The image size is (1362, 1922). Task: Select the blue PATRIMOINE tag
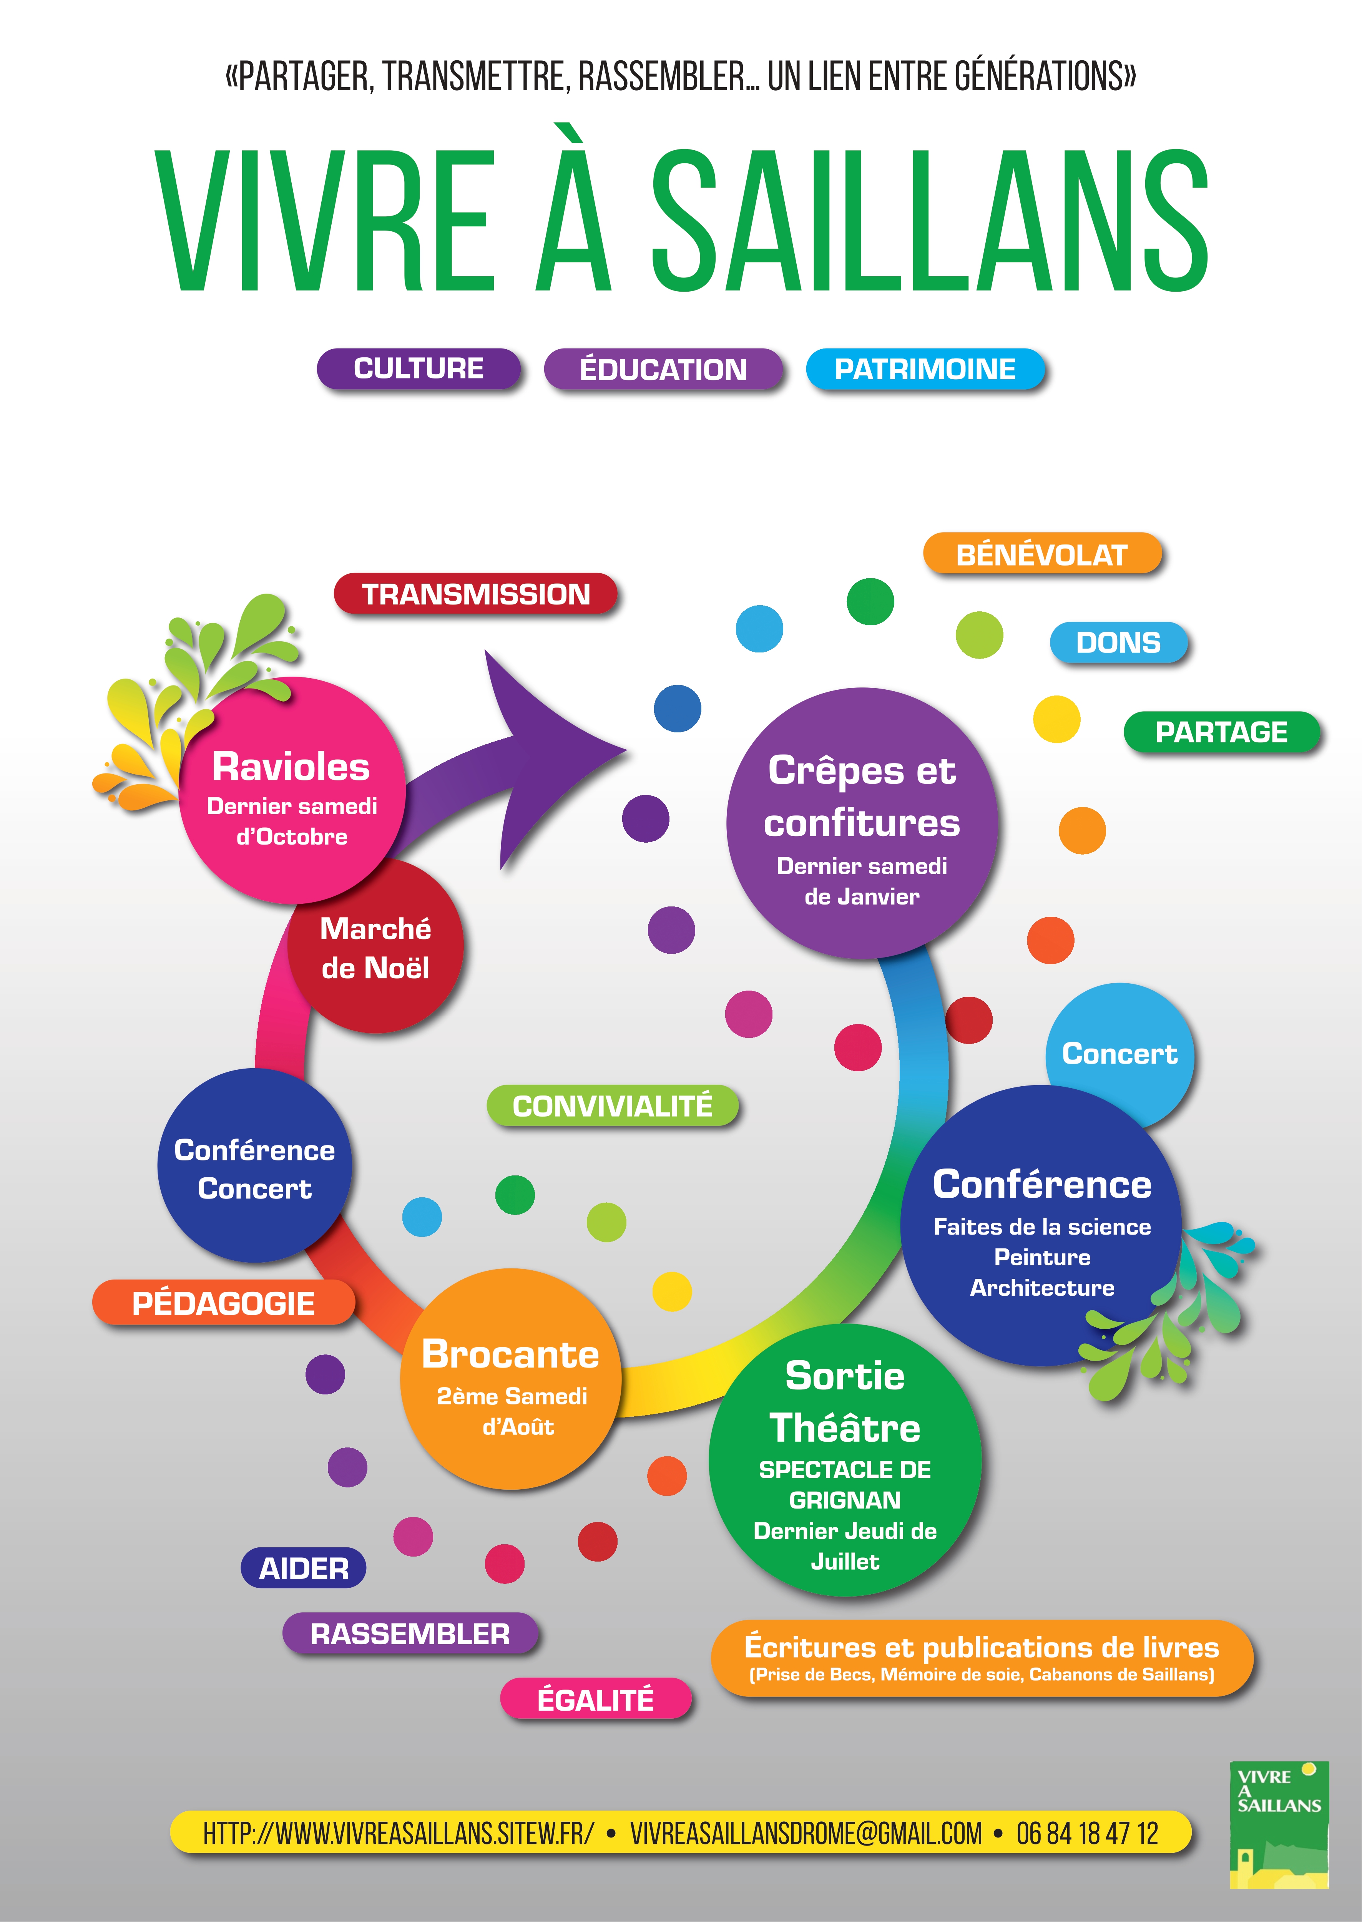pos(925,369)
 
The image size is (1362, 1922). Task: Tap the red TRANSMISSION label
pos(475,594)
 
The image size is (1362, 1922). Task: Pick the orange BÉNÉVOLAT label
pos(1041,554)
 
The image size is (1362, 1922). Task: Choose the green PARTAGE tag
pos(1221,732)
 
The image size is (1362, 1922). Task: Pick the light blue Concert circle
pos(1119,1055)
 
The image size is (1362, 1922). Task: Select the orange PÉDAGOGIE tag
pos(223,1302)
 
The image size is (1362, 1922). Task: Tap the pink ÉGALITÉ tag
pos(595,1700)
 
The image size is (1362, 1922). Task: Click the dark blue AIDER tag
pos(304,1568)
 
